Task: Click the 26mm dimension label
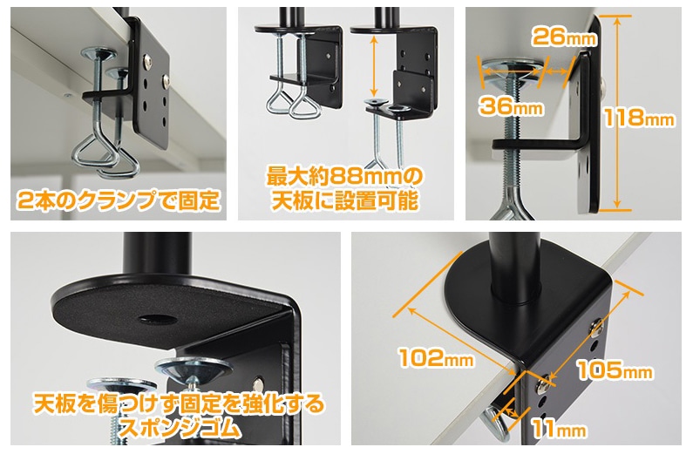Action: click(x=564, y=37)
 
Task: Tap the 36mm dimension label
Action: click(x=511, y=106)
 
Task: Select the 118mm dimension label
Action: click(x=639, y=118)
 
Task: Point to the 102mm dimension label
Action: click(x=436, y=357)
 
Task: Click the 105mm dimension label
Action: click(x=615, y=370)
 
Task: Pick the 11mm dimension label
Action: click(x=559, y=429)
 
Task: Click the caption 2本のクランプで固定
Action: click(x=119, y=200)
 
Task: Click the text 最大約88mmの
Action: click(x=344, y=177)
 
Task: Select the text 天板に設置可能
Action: click(x=344, y=201)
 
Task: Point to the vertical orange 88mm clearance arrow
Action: click(x=374, y=66)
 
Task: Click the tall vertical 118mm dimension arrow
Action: click(x=616, y=112)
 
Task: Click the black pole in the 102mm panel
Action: click(x=516, y=267)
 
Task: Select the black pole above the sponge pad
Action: click(x=157, y=254)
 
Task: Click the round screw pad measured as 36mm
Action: click(x=512, y=71)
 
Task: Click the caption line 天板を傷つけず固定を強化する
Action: click(x=179, y=403)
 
